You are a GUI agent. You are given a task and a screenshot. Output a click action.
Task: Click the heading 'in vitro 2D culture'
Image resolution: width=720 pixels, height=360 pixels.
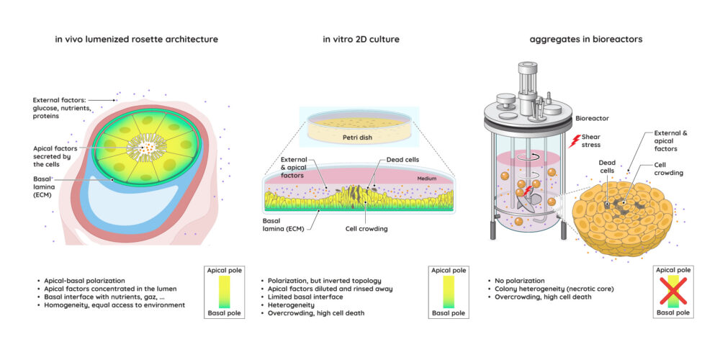pyautogui.click(x=361, y=39)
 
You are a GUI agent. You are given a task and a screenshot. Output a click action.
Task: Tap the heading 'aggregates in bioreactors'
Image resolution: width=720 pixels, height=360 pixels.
pyautogui.click(x=586, y=39)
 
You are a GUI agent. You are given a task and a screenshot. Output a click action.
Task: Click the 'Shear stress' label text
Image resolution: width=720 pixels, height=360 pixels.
pyautogui.click(x=590, y=140)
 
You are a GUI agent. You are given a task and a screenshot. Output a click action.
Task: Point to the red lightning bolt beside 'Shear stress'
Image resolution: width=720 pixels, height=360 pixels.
pyautogui.click(x=575, y=140)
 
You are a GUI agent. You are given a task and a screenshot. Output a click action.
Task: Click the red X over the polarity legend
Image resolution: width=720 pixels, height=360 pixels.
pyautogui.click(x=673, y=291)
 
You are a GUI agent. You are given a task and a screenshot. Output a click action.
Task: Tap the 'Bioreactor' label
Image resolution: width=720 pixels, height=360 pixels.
pyautogui.click(x=593, y=118)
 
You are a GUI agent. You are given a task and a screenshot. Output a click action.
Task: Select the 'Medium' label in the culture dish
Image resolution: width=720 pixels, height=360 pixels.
pyautogui.click(x=426, y=179)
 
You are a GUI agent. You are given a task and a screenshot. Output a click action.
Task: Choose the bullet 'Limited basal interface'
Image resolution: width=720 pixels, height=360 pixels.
pyautogui.click(x=302, y=297)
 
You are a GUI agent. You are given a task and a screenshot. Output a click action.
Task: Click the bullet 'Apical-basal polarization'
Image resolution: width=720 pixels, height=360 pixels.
pyautogui.click(x=81, y=281)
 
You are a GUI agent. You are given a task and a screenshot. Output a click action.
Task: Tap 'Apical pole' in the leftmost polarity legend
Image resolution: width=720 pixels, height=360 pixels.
pyautogui.click(x=225, y=270)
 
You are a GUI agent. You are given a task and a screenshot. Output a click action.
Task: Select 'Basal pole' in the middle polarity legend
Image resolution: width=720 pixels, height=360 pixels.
pyautogui.click(x=449, y=314)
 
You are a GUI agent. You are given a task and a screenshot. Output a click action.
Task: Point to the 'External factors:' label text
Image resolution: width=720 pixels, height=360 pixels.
pyautogui.click(x=60, y=99)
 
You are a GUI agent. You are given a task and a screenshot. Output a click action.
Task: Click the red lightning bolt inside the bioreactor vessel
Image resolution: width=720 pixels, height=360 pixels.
pyautogui.click(x=528, y=189)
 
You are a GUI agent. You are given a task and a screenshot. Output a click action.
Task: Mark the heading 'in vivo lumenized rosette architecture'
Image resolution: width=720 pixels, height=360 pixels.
pyautogui.click(x=136, y=39)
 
